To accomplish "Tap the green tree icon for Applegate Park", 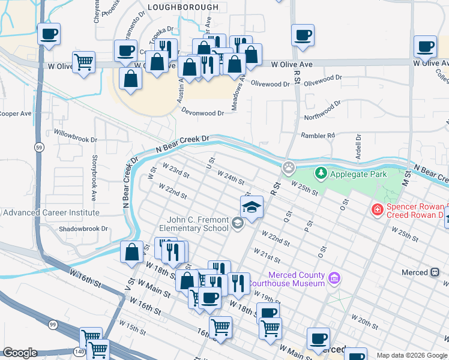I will pyautogui.click(x=321, y=173).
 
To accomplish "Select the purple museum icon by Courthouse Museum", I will pyautogui.click(x=334, y=278).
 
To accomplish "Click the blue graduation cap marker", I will pyautogui.click(x=252, y=208).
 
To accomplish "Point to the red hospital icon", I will pyautogui.click(x=377, y=209).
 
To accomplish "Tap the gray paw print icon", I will pyautogui.click(x=290, y=166).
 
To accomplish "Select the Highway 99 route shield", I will pyautogui.click(x=53, y=325).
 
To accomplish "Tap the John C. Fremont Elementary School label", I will pyautogui.click(x=193, y=224).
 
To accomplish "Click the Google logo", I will pyautogui.click(x=20, y=353).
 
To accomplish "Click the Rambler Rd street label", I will pyautogui.click(x=318, y=136).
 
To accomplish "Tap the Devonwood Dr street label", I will pyautogui.click(x=203, y=113).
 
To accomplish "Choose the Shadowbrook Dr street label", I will pyautogui.click(x=83, y=229).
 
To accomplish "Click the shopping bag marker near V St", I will pyautogui.click(x=131, y=252).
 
